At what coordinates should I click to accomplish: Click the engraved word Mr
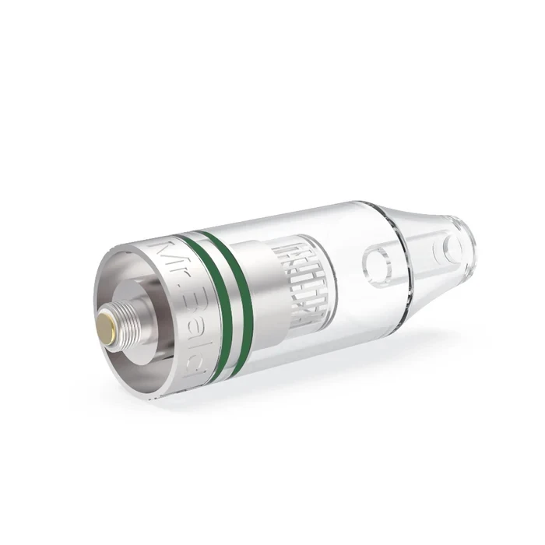click(x=168, y=258)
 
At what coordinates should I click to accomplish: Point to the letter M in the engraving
click(x=167, y=251)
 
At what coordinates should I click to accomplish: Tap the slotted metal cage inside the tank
click(x=301, y=280)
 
